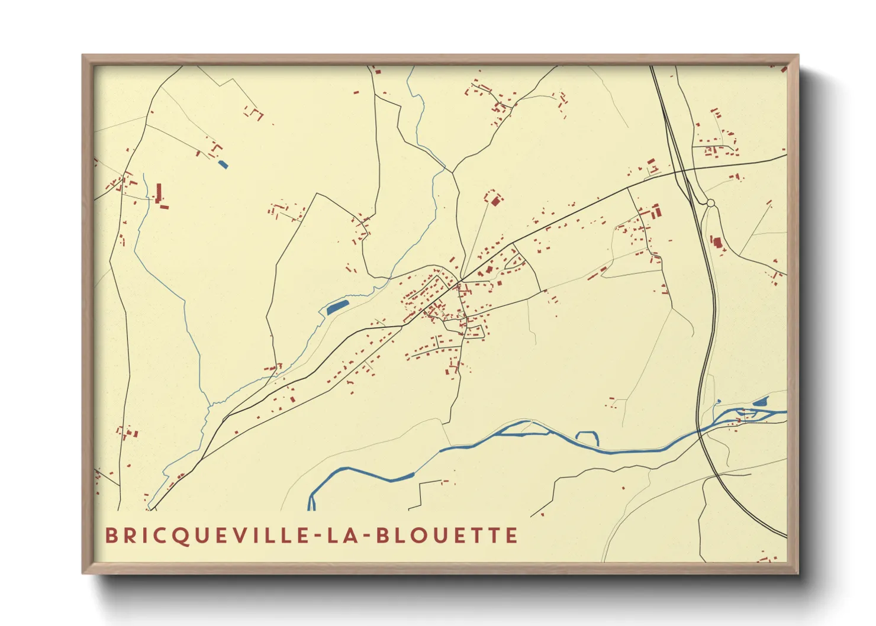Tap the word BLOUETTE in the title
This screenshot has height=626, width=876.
(x=447, y=535)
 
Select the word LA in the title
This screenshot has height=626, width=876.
(x=343, y=535)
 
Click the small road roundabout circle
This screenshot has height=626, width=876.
(x=710, y=203)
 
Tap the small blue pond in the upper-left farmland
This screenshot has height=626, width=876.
(x=223, y=164)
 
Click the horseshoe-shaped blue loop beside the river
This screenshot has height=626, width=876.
(x=587, y=437)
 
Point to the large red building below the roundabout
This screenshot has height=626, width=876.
(x=717, y=242)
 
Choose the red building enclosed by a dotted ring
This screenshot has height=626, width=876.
(x=495, y=201)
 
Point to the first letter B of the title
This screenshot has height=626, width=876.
(x=111, y=535)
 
